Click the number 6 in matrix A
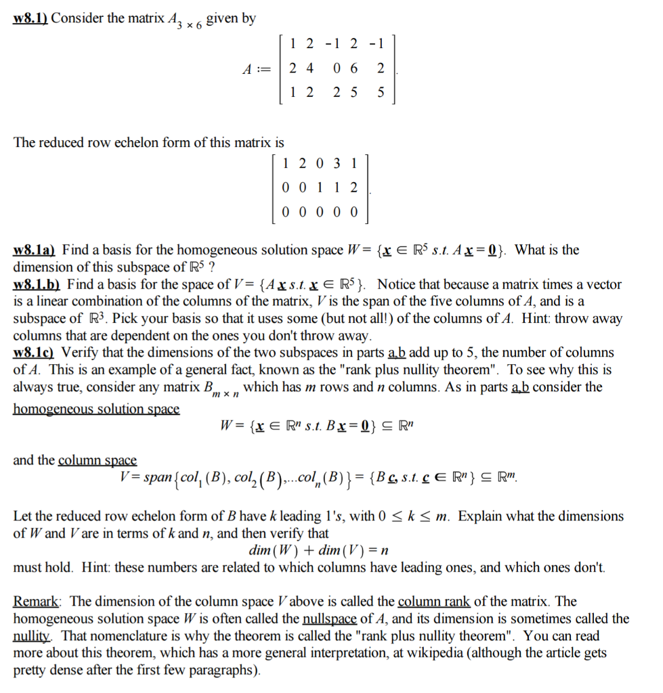(354, 68)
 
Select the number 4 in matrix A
(310, 68)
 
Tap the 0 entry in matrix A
(337, 68)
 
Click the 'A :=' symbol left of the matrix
(257, 69)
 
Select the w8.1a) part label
(35, 250)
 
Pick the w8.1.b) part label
(37, 284)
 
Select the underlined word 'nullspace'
(329, 619)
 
